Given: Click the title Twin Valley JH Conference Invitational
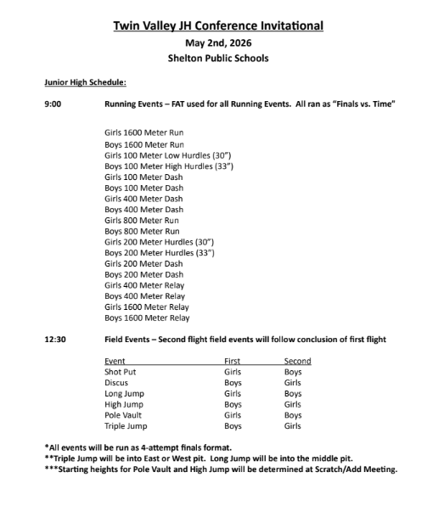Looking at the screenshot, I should (x=218, y=26).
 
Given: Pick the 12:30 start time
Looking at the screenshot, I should (x=55, y=340).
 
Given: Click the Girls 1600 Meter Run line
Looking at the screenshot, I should (x=143, y=132).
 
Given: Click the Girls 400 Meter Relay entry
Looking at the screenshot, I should (x=145, y=285).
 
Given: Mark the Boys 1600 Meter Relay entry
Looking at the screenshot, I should (x=147, y=318).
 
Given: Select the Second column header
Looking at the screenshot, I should (x=297, y=361).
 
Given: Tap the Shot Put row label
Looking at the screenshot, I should (x=120, y=372).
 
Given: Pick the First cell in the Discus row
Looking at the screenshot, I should (x=232, y=383).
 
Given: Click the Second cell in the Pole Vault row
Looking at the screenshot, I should (x=293, y=415).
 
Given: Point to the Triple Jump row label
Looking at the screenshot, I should (x=126, y=426).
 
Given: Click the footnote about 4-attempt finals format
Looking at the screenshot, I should (x=138, y=447).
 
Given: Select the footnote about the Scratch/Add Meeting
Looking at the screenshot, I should (x=220, y=469).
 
